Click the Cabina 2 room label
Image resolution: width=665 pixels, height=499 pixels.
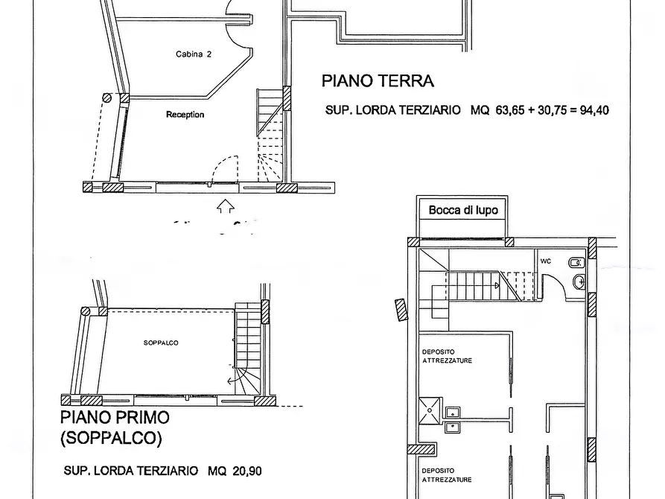coord(193,54)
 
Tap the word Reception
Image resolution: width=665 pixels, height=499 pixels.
coord(185,115)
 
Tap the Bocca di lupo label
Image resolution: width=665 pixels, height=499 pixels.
coord(462,211)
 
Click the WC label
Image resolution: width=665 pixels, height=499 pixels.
coord(545,261)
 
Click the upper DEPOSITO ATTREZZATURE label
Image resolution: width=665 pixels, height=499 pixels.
coord(447,356)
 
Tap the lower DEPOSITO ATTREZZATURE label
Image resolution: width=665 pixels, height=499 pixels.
coord(447,474)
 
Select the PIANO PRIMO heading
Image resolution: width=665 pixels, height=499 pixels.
coord(115,417)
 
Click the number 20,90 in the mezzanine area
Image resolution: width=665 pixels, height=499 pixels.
coord(245,471)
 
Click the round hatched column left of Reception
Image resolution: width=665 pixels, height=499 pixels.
coord(107,98)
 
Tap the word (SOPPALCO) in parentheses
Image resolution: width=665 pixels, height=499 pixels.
coord(110,439)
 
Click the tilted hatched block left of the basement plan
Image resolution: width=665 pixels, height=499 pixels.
coord(400,308)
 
